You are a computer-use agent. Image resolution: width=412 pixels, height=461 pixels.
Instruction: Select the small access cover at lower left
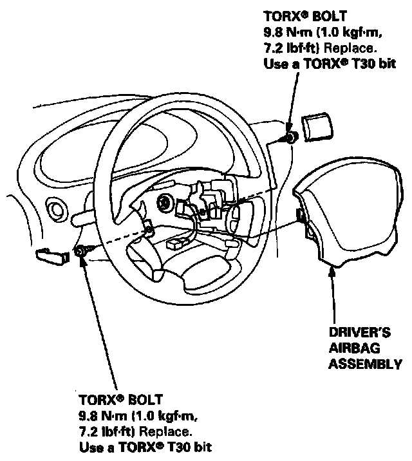point(52,255)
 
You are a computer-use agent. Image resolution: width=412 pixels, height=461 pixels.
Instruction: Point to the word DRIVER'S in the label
point(360,334)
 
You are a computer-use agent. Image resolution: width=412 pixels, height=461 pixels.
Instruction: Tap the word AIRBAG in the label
point(352,349)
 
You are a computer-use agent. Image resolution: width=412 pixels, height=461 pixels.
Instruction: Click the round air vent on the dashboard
point(55,210)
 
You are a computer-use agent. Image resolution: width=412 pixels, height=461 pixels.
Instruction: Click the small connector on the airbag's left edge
point(299,215)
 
